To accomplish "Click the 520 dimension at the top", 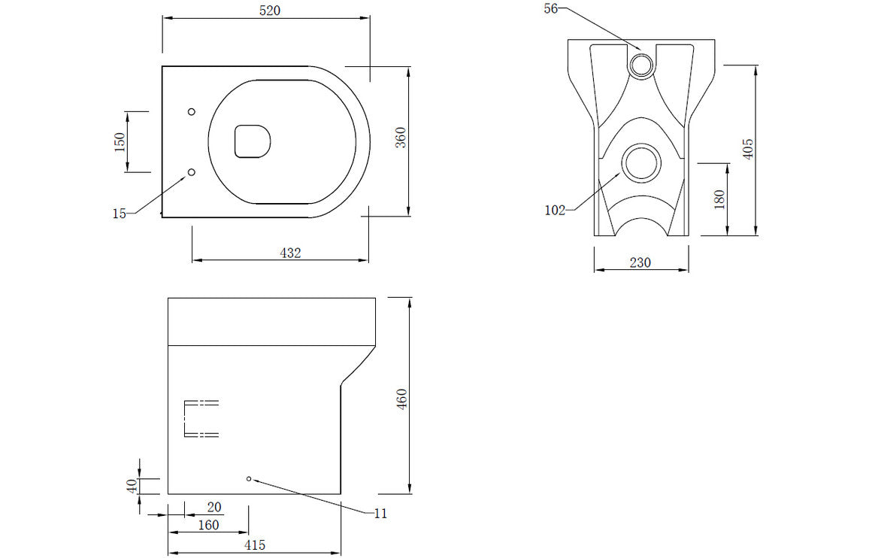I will tap(265, 11).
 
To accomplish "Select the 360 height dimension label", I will tap(401, 138).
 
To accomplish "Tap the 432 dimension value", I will tap(290, 253).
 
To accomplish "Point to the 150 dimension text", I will tap(120, 141).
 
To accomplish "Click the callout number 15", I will tap(119, 214).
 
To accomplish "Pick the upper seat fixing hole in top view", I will tap(191, 112).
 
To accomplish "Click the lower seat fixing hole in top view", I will tap(191, 172).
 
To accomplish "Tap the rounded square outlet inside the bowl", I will tap(252, 141).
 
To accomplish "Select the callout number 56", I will tap(551, 8).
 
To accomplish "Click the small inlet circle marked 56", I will tap(642, 65).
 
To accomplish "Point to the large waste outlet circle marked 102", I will tap(642, 163).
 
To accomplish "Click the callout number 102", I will tap(555, 211).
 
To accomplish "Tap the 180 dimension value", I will tap(719, 199).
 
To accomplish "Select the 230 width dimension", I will tap(640, 262).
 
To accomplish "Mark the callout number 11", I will tap(380, 514).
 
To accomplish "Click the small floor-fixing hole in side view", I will tap(249, 478).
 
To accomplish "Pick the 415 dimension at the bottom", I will tap(254, 545).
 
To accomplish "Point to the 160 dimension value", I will tap(207, 525).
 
